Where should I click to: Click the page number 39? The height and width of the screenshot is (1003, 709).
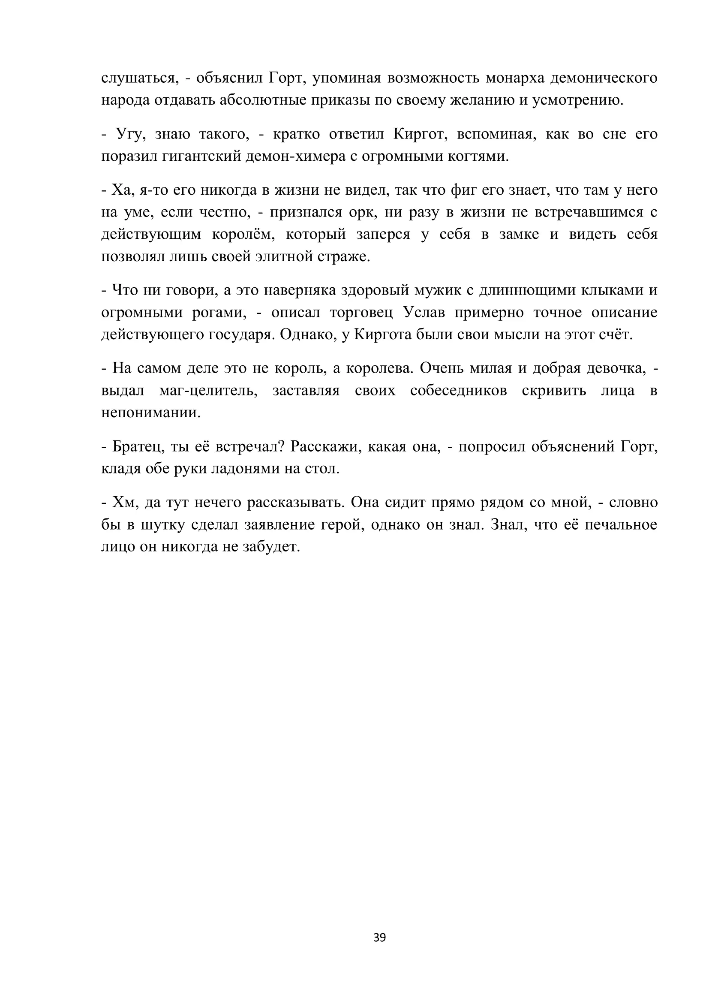(x=379, y=937)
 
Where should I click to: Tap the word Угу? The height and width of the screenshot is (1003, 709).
(x=129, y=134)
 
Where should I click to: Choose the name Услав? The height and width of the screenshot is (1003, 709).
(x=424, y=312)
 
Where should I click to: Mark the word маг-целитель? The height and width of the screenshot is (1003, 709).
(x=208, y=390)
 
